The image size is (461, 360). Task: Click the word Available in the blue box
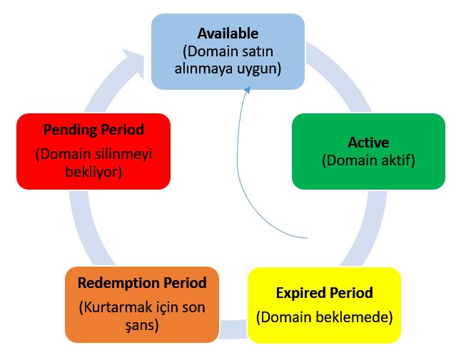[228, 34]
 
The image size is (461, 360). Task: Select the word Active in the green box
[368, 143]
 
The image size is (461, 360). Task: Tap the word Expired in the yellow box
[300, 293]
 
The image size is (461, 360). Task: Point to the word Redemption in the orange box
[118, 283]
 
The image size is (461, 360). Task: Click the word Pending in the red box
[70, 130]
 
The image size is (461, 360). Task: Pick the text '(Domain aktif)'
[368, 160]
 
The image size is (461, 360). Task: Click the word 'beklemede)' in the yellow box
[355, 317]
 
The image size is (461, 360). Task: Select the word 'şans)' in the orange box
[142, 325]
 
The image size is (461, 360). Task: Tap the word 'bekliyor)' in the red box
[93, 172]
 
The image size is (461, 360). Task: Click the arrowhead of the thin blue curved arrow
[247, 90]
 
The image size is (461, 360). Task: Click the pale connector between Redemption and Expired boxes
[233, 329]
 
